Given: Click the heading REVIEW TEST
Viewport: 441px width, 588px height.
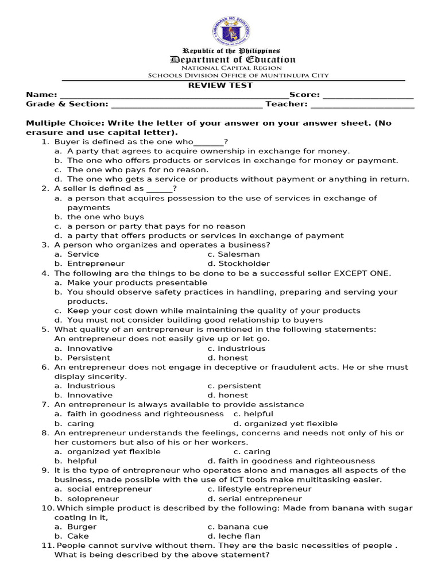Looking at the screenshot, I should pos(220,86).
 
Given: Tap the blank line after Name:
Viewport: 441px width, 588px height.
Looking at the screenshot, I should pos(172,96).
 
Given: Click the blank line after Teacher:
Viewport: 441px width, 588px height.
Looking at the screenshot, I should pos(362,105).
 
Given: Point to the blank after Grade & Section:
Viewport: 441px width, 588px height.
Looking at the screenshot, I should pos(187,105).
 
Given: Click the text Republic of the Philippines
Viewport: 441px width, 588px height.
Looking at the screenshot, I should pos(231,51).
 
